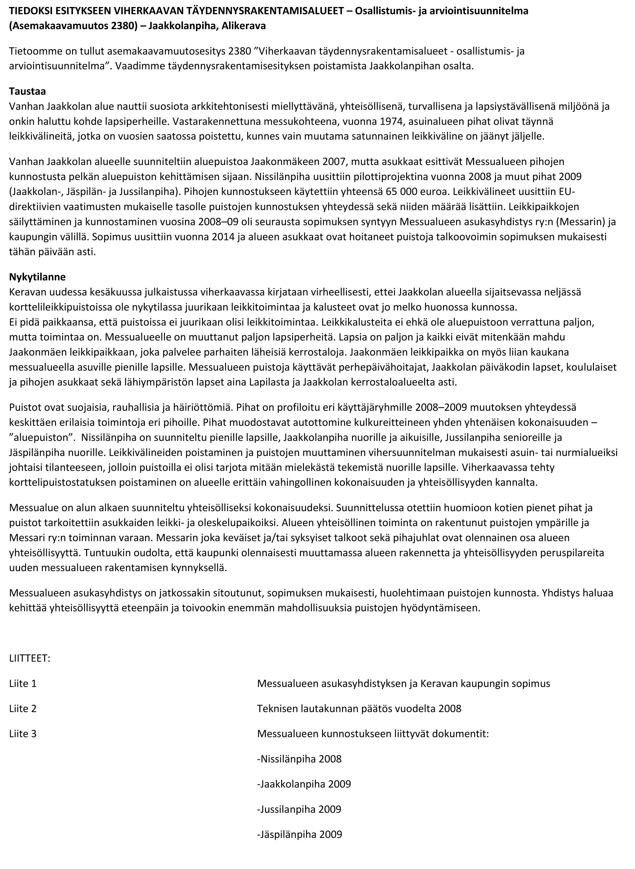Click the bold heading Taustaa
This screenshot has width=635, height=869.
pyautogui.click(x=27, y=92)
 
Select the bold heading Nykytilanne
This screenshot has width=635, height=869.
pyautogui.click(x=37, y=277)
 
